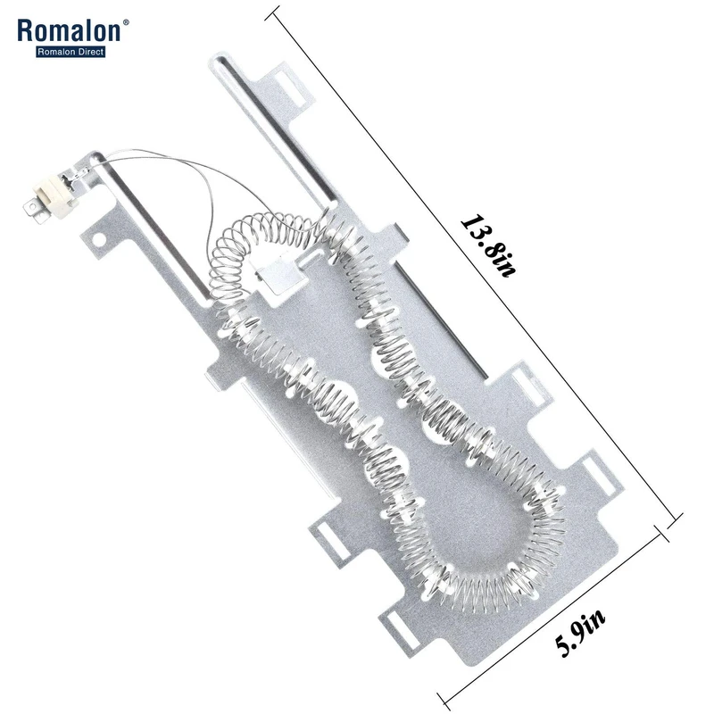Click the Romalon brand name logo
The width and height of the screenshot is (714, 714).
[69, 31]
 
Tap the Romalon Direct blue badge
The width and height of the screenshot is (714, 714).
[71, 52]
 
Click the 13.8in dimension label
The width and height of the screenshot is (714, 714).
[489, 246]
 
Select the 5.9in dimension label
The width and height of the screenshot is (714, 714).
[579, 633]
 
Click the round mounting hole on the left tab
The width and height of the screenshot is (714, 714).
[98, 239]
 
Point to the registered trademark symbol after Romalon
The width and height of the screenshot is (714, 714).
[126, 21]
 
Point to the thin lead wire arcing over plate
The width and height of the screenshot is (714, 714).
[200, 182]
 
